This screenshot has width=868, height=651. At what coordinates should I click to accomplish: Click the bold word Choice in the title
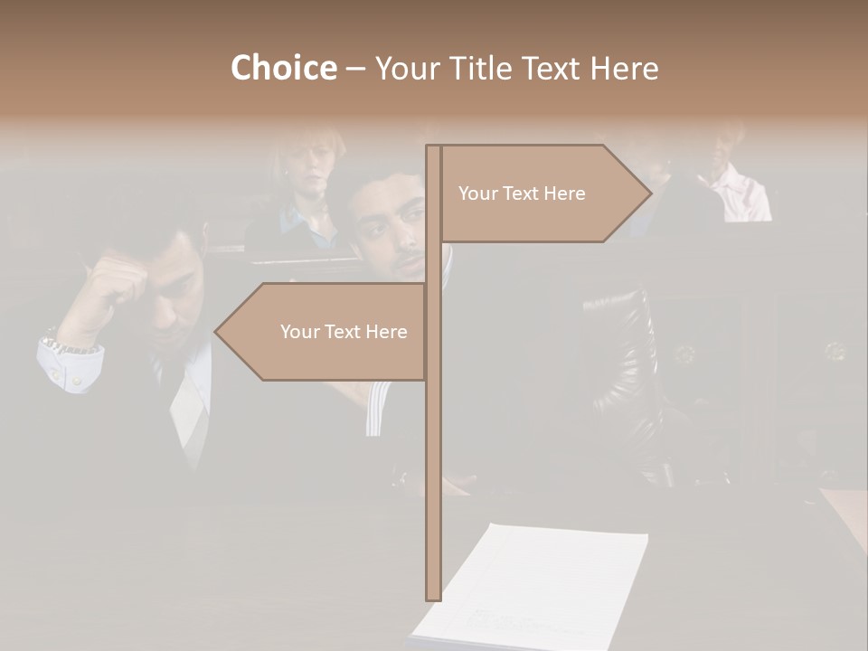pyautogui.click(x=283, y=68)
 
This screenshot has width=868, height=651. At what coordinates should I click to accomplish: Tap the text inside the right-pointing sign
pyautogui.click(x=522, y=193)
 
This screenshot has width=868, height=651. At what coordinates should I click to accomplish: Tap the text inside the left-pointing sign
pyautogui.click(x=344, y=332)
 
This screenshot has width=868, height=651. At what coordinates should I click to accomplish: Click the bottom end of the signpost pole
pyautogui.click(x=433, y=597)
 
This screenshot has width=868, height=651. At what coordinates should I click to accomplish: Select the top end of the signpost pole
pyautogui.click(x=433, y=148)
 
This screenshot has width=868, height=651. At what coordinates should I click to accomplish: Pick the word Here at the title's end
pyautogui.click(x=624, y=68)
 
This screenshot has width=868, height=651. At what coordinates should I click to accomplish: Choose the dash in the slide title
pyautogui.click(x=355, y=68)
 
